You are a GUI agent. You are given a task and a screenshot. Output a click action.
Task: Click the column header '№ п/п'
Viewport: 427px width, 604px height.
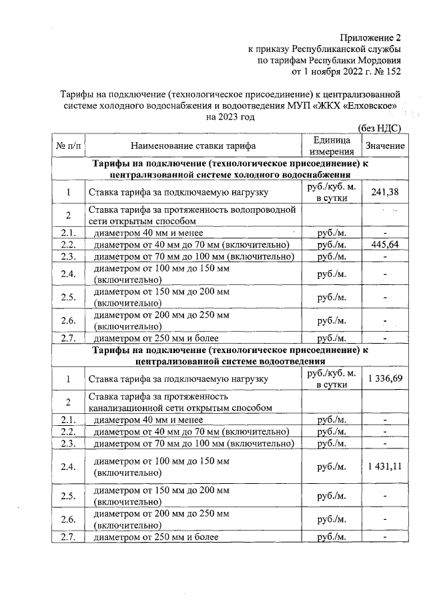click(x=69, y=145)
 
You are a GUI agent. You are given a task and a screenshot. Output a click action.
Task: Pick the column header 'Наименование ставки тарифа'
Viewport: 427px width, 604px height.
click(x=193, y=145)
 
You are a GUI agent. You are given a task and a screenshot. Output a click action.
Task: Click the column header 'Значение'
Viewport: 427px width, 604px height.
click(x=385, y=145)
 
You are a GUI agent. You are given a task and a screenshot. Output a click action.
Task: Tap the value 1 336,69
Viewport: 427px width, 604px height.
click(x=385, y=379)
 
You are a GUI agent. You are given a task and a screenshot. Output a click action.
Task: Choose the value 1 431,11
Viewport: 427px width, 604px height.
click(x=385, y=467)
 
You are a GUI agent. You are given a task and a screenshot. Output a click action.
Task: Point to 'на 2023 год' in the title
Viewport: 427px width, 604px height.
click(x=231, y=116)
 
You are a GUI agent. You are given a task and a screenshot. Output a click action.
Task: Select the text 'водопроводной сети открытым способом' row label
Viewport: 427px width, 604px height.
click(x=193, y=215)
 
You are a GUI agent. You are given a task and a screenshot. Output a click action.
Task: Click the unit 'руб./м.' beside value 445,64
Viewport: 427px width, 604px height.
click(x=332, y=245)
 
